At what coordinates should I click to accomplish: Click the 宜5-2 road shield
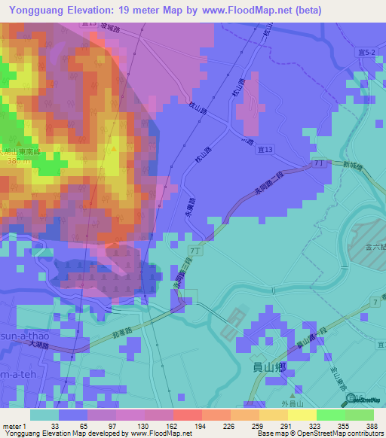coord(366,50)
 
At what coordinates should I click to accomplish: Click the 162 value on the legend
coord(161,425)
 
